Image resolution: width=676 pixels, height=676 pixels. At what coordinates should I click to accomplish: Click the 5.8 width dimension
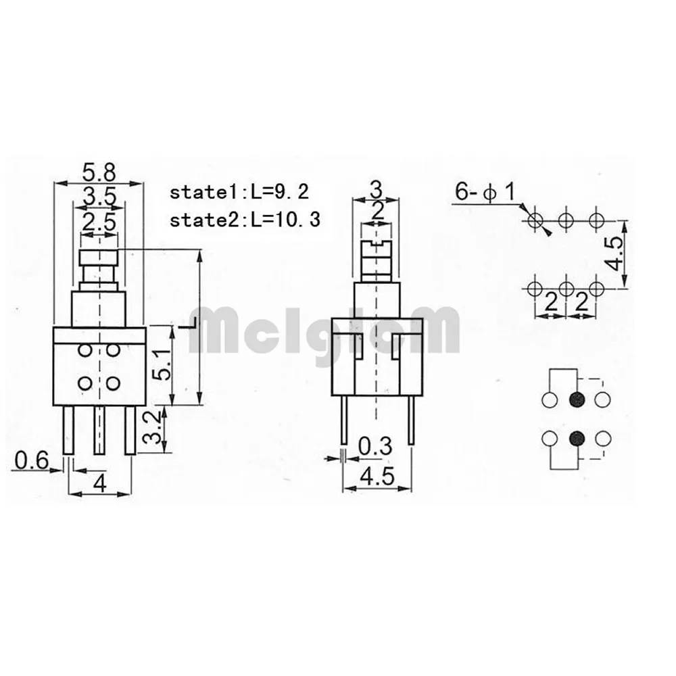99,172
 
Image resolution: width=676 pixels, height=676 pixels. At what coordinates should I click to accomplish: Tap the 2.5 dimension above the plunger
99,222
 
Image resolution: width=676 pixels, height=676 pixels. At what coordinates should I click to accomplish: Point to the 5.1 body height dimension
162,366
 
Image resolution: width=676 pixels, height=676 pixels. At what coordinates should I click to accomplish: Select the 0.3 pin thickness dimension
375,446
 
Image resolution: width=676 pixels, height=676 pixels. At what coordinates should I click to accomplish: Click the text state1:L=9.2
239,192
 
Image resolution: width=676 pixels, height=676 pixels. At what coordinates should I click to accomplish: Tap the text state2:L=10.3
245,220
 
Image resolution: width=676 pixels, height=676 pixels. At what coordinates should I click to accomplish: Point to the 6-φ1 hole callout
485,192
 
